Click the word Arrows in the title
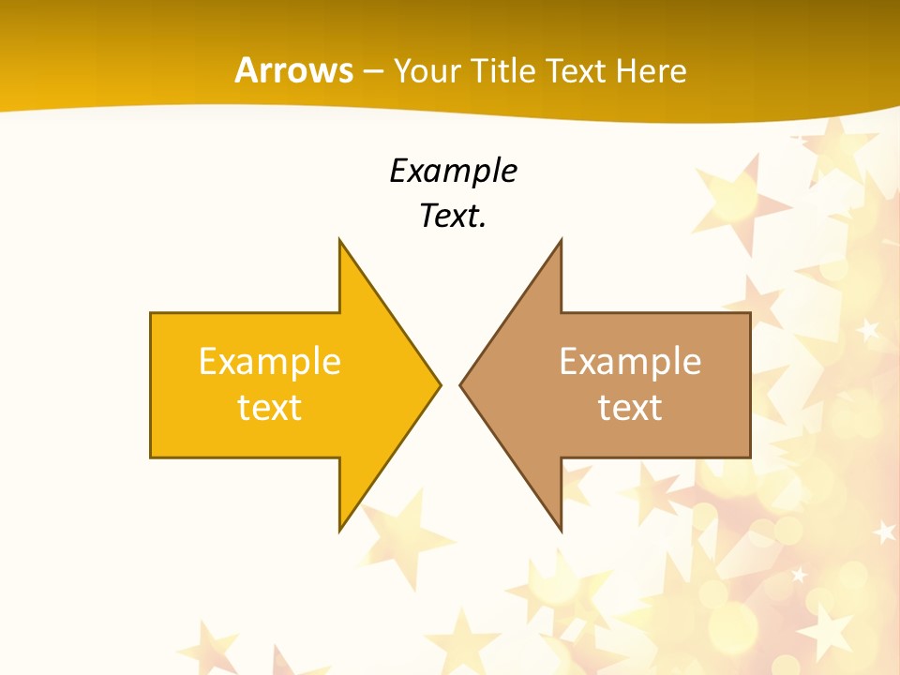pos(294,70)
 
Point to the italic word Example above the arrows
pos(453,172)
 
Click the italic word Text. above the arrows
pos(453,217)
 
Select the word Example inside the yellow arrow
pos(269,362)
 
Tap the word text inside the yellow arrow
pos(269,408)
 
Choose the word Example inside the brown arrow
pos(630,362)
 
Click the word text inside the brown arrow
pos(630,408)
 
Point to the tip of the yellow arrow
pos(440,384)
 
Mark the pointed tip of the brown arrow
pos(460,384)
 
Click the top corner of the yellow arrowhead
pos(339,240)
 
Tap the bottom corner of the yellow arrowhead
pos(339,530)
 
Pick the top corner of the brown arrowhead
pos(561,240)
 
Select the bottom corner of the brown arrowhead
pos(561,530)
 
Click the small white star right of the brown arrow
pos(869,329)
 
